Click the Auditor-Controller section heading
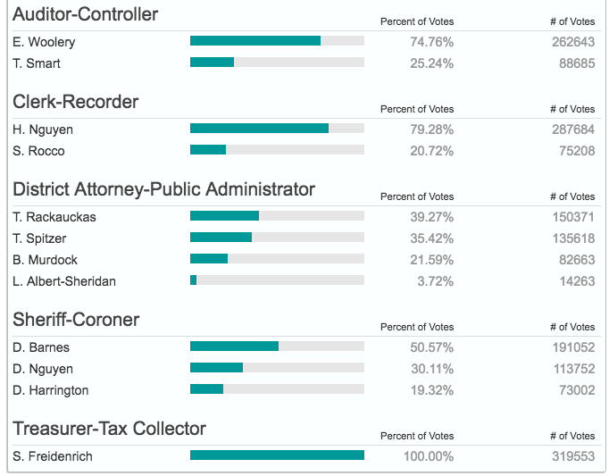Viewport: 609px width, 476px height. click(x=86, y=14)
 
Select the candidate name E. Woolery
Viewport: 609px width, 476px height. click(x=44, y=42)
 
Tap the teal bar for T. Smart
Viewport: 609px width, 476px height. click(x=212, y=63)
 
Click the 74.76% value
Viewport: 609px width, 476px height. click(x=431, y=42)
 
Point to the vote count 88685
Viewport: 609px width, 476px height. click(x=573, y=63)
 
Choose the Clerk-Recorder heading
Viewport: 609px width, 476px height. click(x=76, y=102)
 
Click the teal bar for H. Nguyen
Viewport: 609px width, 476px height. click(x=259, y=129)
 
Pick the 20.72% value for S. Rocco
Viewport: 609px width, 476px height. click(x=431, y=151)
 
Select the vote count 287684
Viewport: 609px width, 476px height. click(x=573, y=129)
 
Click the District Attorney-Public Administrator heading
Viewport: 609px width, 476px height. click(x=163, y=189)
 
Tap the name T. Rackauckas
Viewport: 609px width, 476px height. click(x=54, y=217)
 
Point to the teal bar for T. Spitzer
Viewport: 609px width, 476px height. click(x=221, y=238)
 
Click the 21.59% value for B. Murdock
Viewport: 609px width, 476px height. click(x=431, y=260)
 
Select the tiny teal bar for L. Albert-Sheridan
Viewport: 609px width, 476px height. click(x=193, y=280)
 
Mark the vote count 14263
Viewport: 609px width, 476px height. click(x=573, y=281)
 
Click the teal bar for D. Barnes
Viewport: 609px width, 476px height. click(x=234, y=347)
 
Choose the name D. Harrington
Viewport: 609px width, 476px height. click(x=52, y=390)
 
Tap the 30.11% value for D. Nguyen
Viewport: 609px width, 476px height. click(x=431, y=369)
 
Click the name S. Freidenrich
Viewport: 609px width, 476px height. click(x=53, y=456)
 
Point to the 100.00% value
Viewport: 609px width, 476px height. click(x=428, y=456)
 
